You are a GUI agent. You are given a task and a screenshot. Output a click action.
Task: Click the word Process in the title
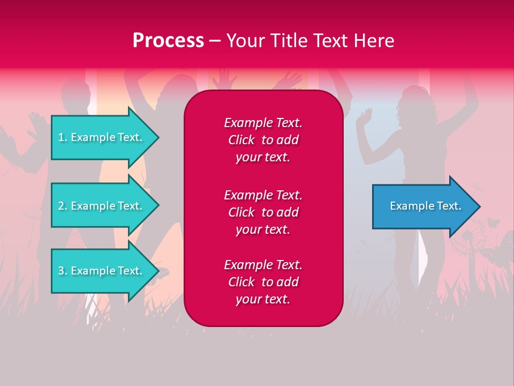(168, 40)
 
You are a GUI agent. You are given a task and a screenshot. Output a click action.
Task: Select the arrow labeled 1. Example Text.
(102, 137)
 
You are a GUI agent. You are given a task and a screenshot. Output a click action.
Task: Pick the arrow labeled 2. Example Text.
(102, 206)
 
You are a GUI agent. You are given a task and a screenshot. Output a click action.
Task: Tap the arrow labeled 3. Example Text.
(102, 271)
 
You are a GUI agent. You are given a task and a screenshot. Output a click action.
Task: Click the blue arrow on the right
(423, 206)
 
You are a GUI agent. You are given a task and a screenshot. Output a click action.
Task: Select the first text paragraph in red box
(263, 140)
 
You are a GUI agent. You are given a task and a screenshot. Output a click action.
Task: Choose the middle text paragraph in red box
(263, 212)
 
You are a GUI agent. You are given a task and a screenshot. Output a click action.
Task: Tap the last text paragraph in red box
(263, 282)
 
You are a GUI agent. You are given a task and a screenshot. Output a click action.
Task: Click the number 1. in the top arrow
(63, 137)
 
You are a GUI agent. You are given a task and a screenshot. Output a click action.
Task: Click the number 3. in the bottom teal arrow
(63, 271)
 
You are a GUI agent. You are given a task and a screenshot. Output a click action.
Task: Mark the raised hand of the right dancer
(366, 115)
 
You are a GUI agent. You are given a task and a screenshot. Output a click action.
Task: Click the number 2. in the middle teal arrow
(63, 206)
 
